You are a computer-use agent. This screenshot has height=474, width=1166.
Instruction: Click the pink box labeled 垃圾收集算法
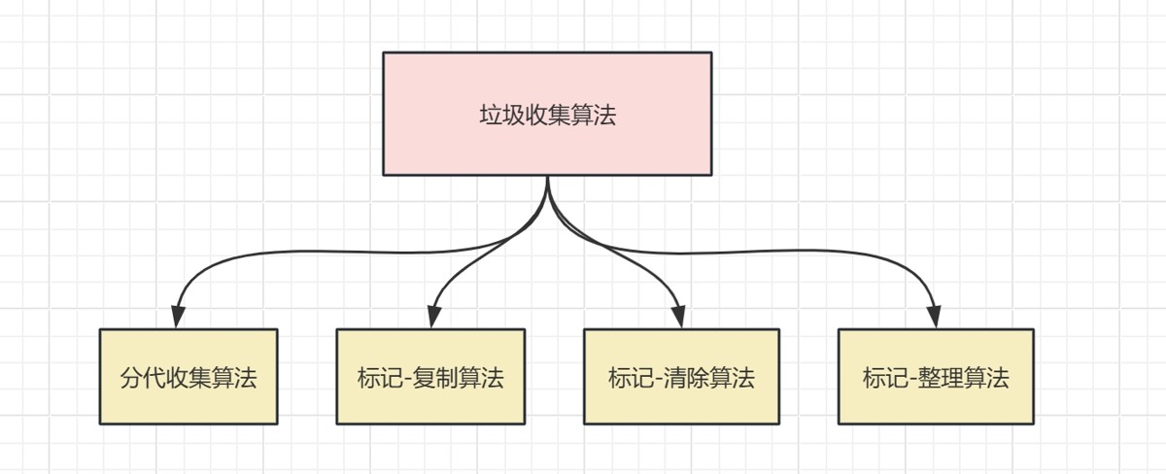coord(547,114)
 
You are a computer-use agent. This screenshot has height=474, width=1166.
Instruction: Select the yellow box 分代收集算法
coord(189,376)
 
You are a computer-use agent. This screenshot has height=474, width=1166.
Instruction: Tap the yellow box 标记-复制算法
coord(430,376)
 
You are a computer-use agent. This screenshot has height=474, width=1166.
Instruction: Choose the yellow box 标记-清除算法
coord(681,376)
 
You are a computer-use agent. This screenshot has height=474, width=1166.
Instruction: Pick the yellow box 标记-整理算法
coord(936,376)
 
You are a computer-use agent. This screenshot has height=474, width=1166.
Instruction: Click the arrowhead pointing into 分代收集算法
coord(178,317)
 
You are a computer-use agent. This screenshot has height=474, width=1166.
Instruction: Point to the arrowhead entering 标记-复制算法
coord(433,317)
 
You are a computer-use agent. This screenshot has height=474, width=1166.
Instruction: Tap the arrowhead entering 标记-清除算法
coord(679,317)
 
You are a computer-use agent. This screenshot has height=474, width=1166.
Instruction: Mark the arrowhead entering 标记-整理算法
coord(935,317)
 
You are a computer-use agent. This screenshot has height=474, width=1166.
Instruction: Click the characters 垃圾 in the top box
coord(501,115)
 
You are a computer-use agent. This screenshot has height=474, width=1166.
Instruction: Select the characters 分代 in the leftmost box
coord(143,378)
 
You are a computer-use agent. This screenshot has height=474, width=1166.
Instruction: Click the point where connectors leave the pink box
coord(548,177)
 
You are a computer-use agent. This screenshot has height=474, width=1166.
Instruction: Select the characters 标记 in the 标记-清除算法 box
coord(631,378)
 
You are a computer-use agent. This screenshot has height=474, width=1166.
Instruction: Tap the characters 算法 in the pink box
coord(594,115)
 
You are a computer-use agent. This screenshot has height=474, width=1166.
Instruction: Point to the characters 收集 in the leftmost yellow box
coord(189,378)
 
